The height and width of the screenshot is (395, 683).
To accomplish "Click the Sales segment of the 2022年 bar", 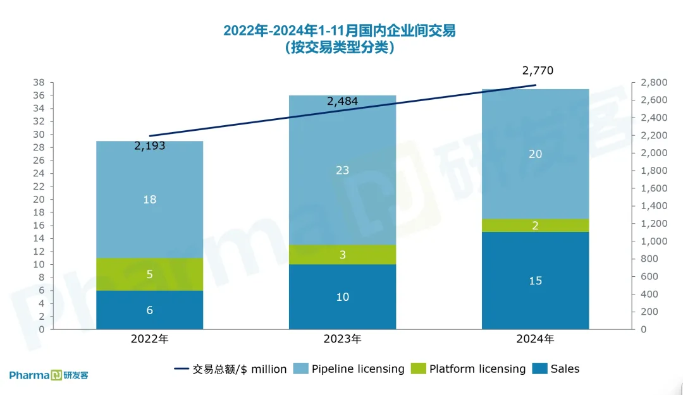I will coord(149,310).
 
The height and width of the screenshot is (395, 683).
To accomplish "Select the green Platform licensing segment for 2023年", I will coord(342,255).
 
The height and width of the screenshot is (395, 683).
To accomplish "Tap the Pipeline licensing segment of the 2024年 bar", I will coord(535,154).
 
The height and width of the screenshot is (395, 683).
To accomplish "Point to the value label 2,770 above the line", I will coord(538,71).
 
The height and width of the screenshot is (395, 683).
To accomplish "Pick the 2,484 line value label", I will coord(343,101).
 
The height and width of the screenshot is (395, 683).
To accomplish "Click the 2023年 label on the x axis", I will coord(343,339).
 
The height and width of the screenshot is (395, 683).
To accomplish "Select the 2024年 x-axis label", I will coord(535,339).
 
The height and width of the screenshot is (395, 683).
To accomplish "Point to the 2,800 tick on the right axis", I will coord(654,83).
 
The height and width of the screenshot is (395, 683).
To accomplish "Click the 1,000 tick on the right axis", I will coord(654,241).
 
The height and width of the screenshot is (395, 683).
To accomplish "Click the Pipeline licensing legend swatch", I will coord(301,369).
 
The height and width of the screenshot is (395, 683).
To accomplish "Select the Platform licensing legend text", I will coord(477,369).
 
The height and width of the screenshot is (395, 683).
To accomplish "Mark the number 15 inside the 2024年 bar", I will coord(535,281).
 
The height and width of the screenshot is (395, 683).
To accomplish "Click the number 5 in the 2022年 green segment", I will coord(149,274).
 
